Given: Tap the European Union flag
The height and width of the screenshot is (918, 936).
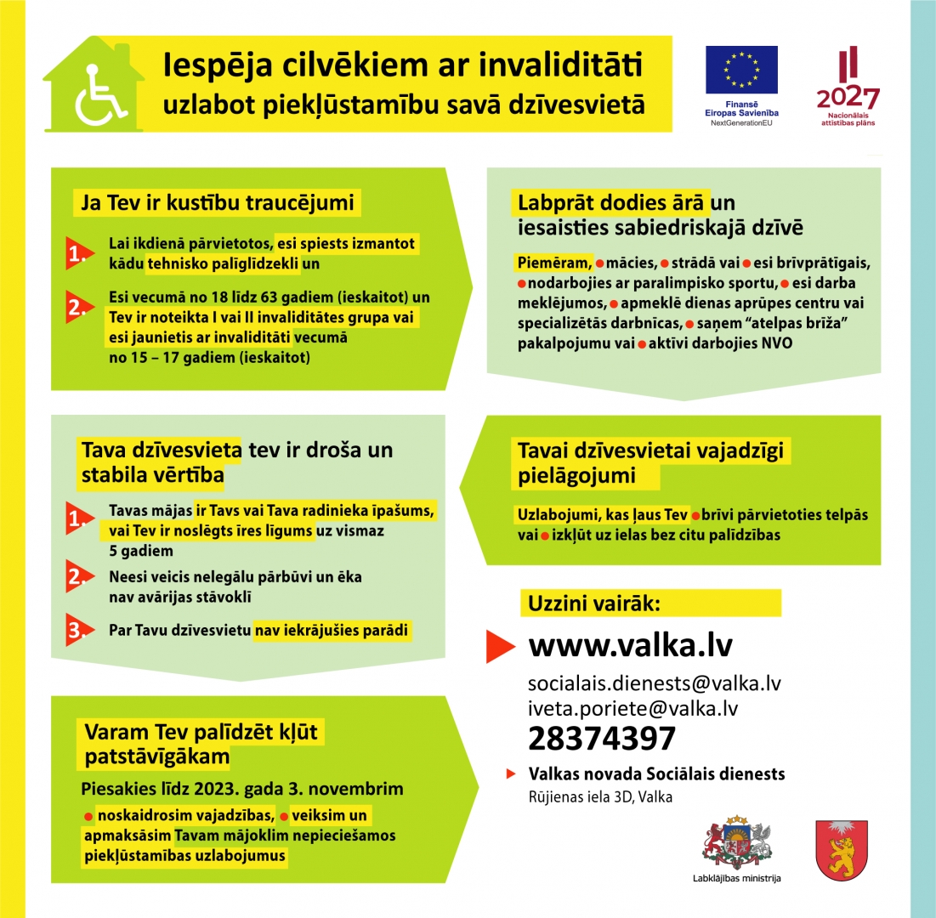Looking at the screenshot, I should pos(741,71).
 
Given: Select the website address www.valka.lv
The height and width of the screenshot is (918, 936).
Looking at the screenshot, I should pos(630,645).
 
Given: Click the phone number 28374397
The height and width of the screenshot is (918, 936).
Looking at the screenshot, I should pos(602,739).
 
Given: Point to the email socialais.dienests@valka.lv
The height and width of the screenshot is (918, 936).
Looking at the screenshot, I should pos(654,683).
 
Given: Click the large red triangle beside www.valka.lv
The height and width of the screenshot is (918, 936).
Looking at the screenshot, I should pos(502,646).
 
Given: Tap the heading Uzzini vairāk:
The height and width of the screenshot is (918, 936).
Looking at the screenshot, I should pos(594,603).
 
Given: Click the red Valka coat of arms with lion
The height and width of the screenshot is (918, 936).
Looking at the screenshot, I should pos(841,849).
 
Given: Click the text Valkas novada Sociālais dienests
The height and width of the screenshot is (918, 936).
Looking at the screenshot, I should pos(656,774).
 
